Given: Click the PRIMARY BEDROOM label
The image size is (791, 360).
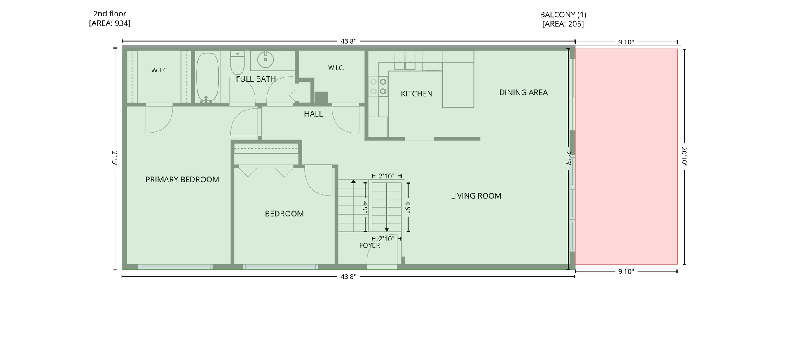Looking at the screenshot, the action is pos(182,180).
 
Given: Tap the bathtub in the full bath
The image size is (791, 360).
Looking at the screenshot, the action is pos(207,77).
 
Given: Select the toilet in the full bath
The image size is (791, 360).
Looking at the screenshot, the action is pos(237,62).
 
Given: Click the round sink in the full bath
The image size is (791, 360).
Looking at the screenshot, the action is pos(265,60).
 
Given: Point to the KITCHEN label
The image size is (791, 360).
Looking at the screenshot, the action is pos(417,94).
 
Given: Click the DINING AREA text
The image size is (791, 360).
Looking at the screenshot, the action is pos(523,93).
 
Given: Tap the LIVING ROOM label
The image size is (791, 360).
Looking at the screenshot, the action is pos(476,196).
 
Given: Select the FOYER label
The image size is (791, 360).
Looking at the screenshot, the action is pos(370,245).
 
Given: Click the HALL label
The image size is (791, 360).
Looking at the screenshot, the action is pos(313,114).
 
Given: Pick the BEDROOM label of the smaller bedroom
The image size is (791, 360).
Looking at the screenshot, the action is pos(284,214).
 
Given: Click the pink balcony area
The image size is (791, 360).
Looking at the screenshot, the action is pos(626,157).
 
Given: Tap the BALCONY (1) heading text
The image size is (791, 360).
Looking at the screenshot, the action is pos(563,15).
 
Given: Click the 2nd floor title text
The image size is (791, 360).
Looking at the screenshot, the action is pos(110,14).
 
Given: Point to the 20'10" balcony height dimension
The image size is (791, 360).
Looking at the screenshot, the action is pos(684,157).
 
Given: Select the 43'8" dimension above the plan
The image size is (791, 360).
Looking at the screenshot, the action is pos(348,41).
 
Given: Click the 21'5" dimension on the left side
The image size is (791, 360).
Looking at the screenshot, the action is pos(115,159).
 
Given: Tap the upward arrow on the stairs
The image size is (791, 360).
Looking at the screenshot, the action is pos(353,205).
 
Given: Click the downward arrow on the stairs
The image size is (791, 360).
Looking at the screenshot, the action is pos(387,205).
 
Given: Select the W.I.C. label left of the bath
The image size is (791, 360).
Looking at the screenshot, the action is pos(160,70).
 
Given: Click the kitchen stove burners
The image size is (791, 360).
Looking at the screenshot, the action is pos(378,86).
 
